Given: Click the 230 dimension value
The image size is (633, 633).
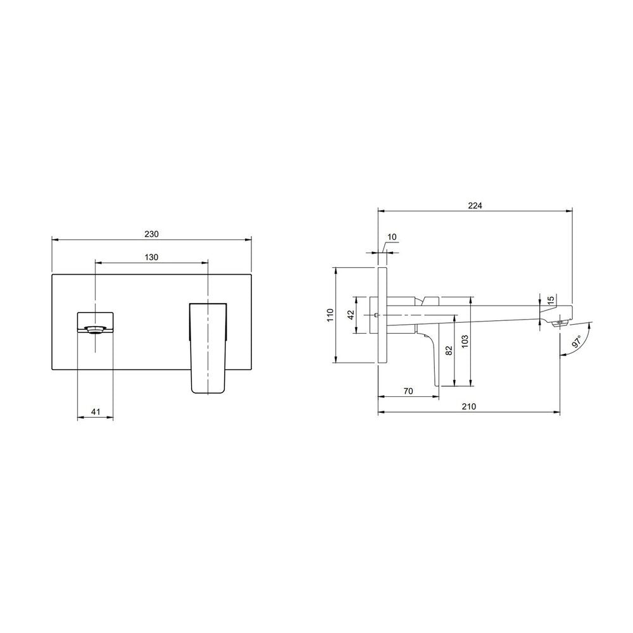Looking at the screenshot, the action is pyautogui.click(x=151, y=234).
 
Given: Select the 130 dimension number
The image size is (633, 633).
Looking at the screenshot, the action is pyautogui.click(x=151, y=257).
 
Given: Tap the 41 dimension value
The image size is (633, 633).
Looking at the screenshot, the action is pyautogui.click(x=96, y=412).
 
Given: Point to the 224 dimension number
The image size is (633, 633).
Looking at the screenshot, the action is pyautogui.click(x=475, y=206).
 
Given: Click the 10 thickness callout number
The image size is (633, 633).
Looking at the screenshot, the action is pyautogui.click(x=392, y=237).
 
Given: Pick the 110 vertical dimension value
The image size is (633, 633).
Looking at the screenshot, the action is pyautogui.click(x=330, y=315).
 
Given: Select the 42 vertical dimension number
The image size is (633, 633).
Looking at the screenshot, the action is pyautogui.click(x=351, y=315).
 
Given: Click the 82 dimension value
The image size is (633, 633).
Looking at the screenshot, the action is pyautogui.click(x=449, y=351).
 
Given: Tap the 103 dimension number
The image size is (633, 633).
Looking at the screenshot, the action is pyautogui.click(x=465, y=342).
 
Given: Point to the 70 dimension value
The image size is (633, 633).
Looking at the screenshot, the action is pyautogui.click(x=408, y=391).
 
